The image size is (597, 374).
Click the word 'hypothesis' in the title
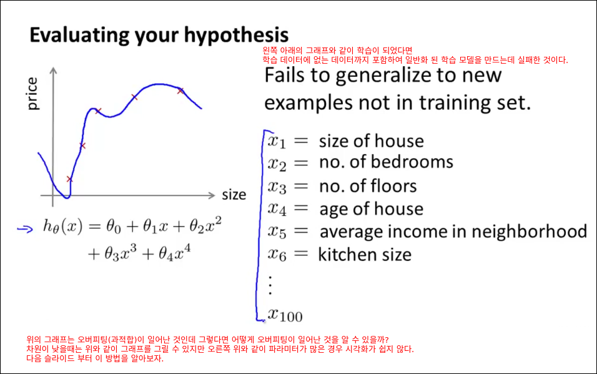click(x=236, y=36)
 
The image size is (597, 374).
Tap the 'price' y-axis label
click(x=32, y=94)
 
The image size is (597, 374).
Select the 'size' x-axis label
click(x=234, y=195)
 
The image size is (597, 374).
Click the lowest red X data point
click(x=69, y=179)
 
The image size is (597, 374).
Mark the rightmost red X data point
click(x=180, y=91)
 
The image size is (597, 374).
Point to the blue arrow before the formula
click(x=25, y=229)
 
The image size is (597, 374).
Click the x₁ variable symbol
click(x=277, y=142)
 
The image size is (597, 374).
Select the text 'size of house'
click(x=371, y=141)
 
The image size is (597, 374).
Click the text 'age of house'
click(x=371, y=209)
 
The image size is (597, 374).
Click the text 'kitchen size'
click(x=365, y=255)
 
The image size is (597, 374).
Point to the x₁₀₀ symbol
click(x=285, y=315)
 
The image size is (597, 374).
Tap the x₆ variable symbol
click(x=277, y=255)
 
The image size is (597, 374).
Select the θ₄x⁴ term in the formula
click(x=175, y=253)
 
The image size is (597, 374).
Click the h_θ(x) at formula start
click(x=62, y=227)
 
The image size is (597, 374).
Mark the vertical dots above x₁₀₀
click(x=270, y=285)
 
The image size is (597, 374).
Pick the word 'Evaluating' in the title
click(x=79, y=36)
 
